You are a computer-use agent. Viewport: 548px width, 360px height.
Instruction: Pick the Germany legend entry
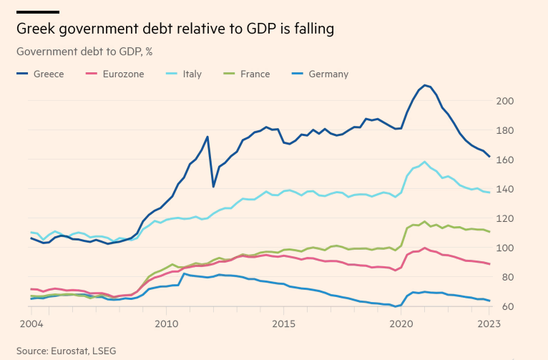pos(328,74)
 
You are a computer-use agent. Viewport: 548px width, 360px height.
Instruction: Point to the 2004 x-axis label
pos(31,323)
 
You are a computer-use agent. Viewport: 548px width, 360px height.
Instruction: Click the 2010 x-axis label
pos(167,323)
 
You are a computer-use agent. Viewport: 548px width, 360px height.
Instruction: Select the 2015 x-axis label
pos(283,323)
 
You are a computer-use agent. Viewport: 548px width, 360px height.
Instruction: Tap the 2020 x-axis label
pos(400,323)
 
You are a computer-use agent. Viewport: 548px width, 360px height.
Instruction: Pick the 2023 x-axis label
pos(489,323)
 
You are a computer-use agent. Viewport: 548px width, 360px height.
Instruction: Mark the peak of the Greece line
pos(425,85)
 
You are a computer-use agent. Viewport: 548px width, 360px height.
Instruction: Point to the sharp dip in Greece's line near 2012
pos(213,187)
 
